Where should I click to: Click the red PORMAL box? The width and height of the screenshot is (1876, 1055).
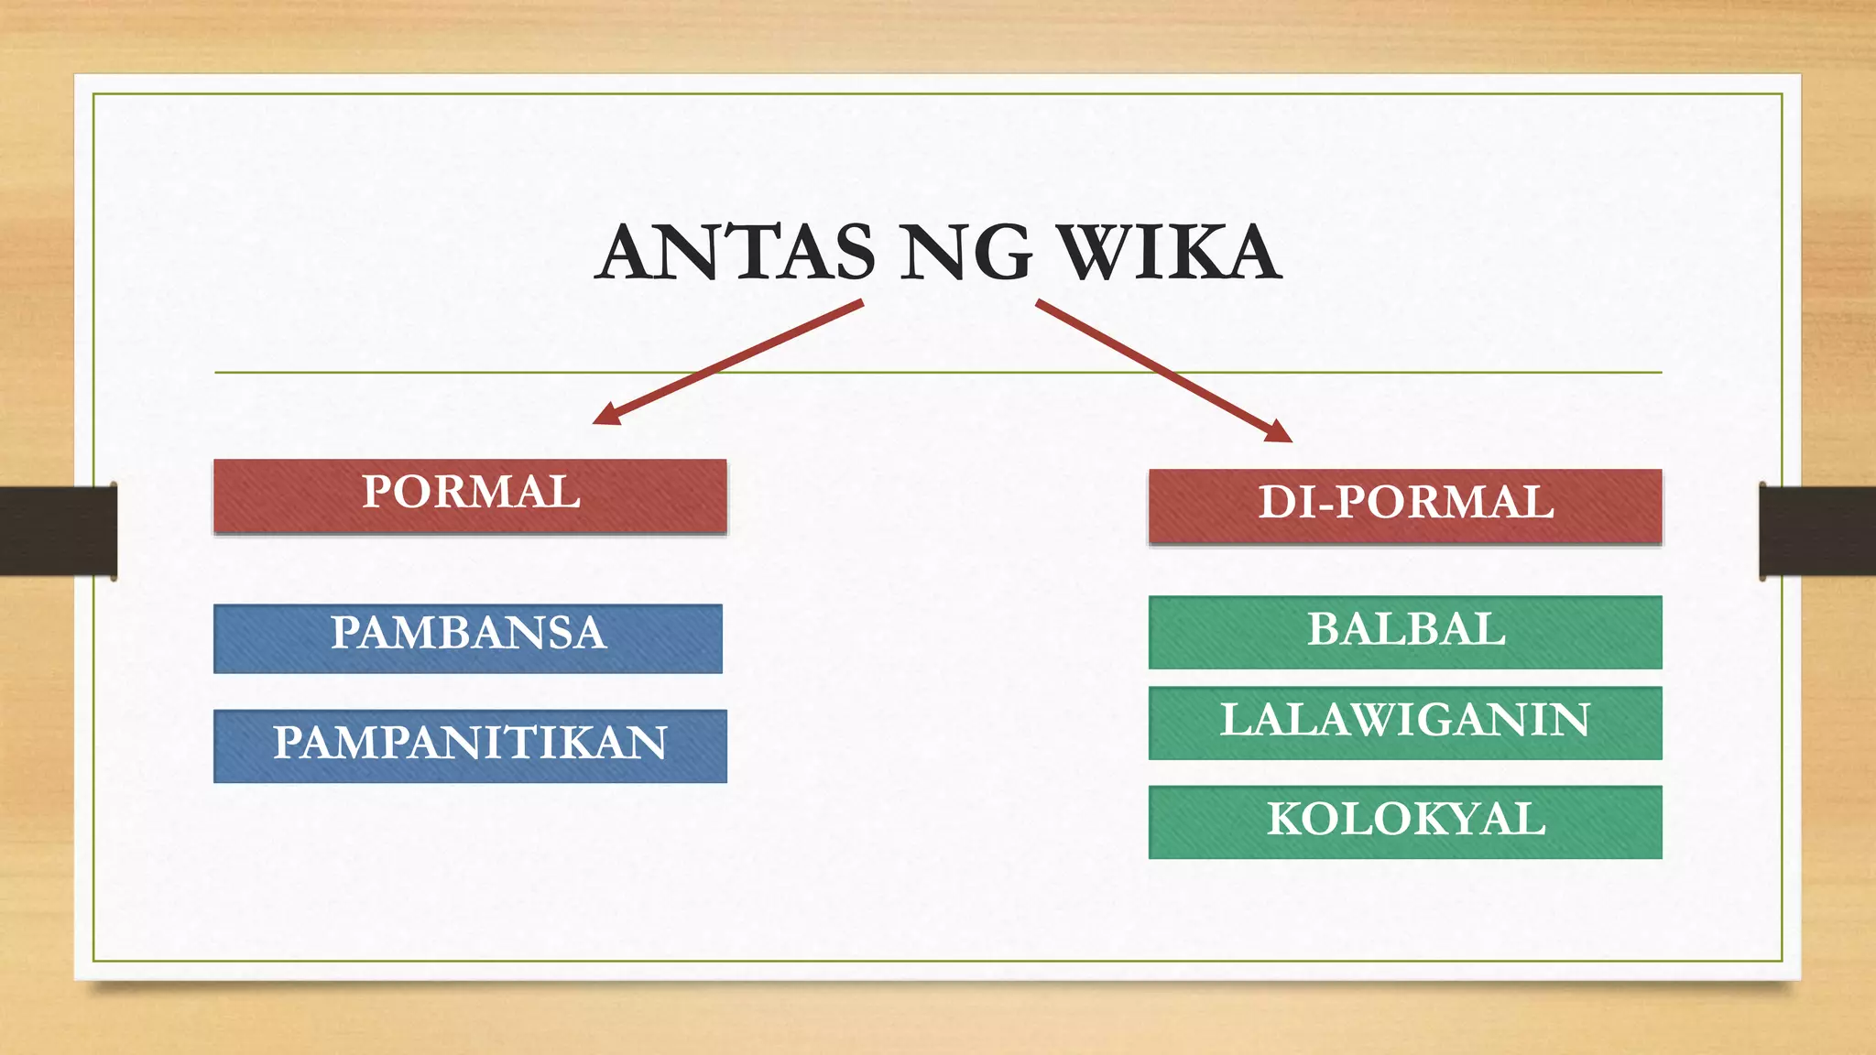(470, 495)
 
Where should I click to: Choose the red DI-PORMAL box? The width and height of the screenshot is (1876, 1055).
(1405, 506)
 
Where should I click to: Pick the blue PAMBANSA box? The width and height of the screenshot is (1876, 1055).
(468, 638)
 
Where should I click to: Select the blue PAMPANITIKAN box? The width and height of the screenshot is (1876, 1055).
(470, 745)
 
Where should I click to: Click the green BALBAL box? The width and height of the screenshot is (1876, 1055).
(1405, 632)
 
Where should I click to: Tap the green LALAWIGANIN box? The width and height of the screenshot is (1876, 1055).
(1405, 723)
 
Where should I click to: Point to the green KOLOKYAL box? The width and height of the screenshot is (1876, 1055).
(1405, 821)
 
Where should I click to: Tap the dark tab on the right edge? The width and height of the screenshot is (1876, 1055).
(1817, 531)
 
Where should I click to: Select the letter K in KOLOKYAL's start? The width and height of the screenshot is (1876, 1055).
(1287, 819)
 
